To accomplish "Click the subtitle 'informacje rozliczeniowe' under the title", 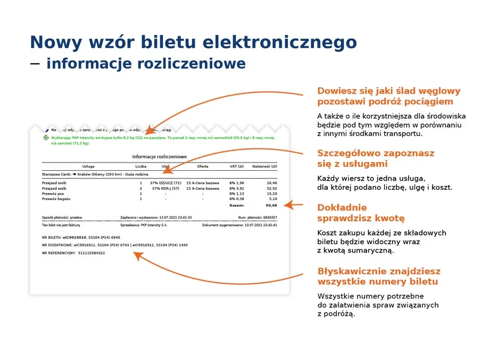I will [146, 64].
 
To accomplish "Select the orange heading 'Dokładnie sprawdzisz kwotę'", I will [361, 213].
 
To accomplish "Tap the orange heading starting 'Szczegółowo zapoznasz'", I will [375, 158].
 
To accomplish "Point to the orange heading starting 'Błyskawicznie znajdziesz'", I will [379, 276].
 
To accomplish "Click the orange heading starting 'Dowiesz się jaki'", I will [388, 96].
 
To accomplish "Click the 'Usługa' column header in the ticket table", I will [89, 166].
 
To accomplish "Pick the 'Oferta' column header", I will [203, 166].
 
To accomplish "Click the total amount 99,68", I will [271, 206].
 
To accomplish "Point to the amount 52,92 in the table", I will [272, 188].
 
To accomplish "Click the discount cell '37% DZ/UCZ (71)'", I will [166, 183].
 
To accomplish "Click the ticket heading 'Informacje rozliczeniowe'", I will [159, 157].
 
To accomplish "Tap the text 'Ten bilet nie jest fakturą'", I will [61, 225].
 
